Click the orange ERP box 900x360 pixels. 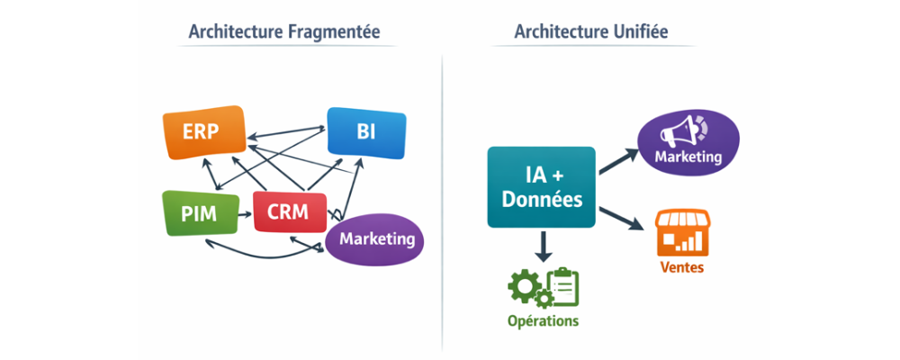click(202, 133)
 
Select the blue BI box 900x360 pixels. click(365, 133)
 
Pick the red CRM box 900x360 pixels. click(287, 213)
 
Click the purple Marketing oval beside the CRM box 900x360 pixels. click(375, 239)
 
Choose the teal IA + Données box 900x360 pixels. click(541, 187)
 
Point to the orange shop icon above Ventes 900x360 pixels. click(681, 231)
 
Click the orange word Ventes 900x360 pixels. click(681, 267)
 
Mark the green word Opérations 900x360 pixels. click(543, 320)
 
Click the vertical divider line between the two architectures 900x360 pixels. click(442, 198)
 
